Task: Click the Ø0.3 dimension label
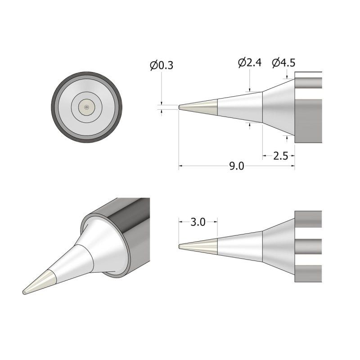click(162, 66)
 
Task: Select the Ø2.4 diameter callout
click(250, 63)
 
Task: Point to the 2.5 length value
click(280, 156)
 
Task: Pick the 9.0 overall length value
click(236, 166)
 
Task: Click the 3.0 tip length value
click(198, 222)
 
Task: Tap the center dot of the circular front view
click(86, 107)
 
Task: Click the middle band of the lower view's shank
click(308, 246)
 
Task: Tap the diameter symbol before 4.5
click(275, 63)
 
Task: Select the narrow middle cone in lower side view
click(241, 246)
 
